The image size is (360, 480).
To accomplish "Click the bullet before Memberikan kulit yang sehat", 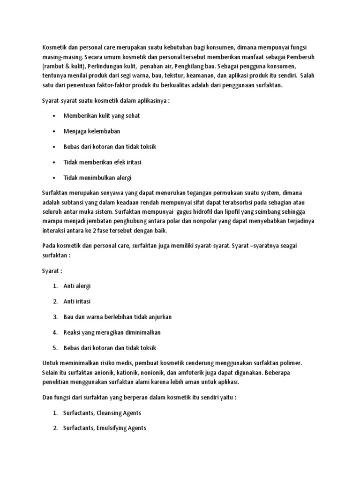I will pyautogui.click(x=55, y=116).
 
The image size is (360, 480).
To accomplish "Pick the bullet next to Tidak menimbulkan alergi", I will pyautogui.click(x=55, y=178).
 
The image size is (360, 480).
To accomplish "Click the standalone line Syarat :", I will pyautogui.click(x=52, y=271).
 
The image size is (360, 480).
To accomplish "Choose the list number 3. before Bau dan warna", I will pyautogui.click(x=55, y=317).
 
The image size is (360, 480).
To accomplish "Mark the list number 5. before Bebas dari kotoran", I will pyautogui.click(x=55, y=348).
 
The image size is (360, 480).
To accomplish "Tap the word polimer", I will pyautogui.click(x=292, y=364).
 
